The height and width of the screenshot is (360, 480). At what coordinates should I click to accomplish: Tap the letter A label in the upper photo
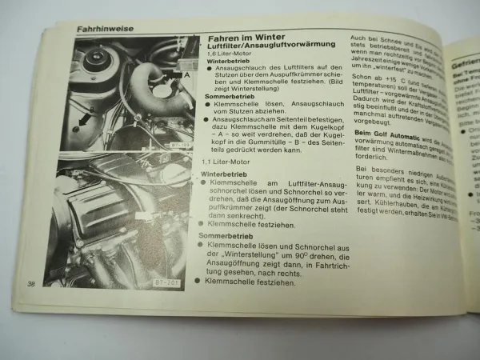[x=187, y=74]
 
